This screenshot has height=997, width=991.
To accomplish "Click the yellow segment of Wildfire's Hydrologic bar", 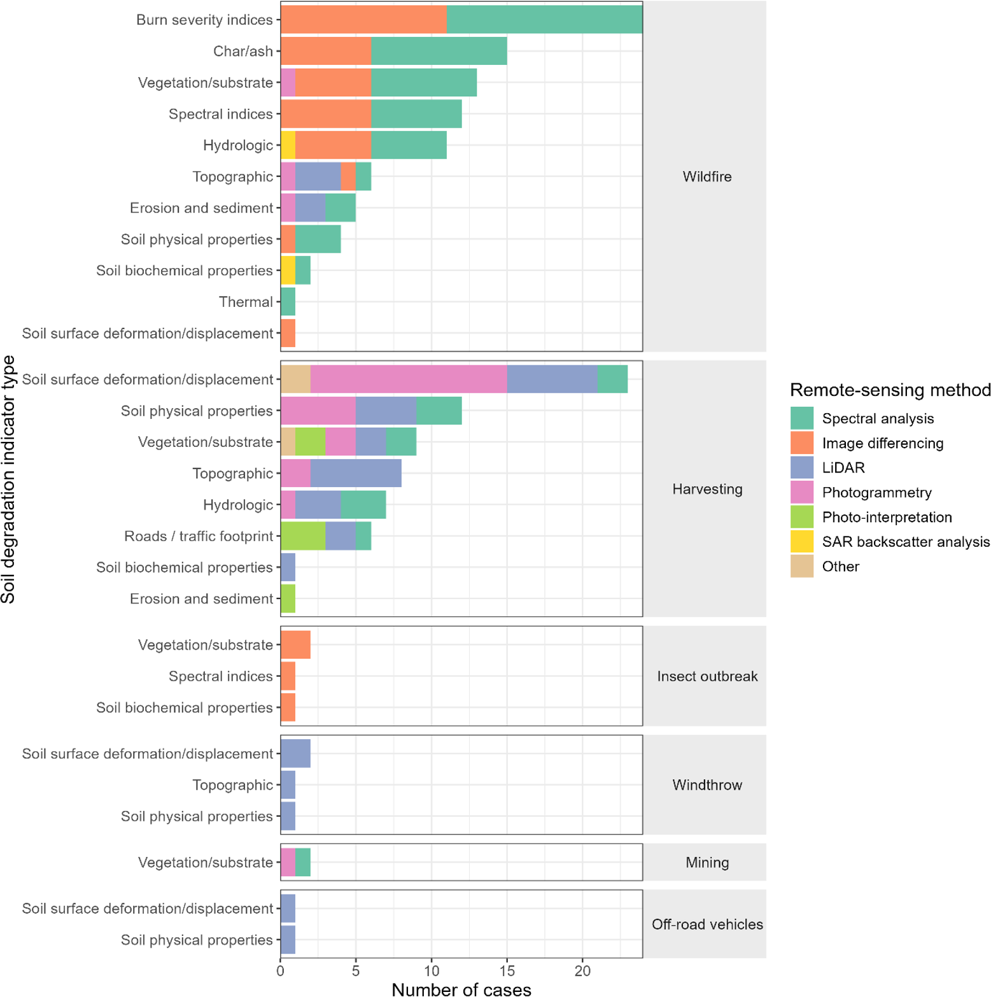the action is coord(288,145).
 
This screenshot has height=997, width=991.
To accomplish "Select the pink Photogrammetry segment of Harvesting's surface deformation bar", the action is coord(409,379).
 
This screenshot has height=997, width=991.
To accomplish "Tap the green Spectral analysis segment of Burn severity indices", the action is coord(544,20).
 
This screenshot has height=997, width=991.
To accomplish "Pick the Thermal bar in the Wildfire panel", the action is coord(288,302).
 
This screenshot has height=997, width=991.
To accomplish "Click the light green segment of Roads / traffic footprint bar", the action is coord(303,536).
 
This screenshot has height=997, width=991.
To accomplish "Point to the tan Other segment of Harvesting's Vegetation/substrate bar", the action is coord(288,442).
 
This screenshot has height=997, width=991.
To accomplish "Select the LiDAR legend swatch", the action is coord(802,467).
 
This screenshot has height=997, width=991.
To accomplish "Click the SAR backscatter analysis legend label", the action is coord(906,542).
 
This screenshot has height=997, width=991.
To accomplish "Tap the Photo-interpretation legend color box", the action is coord(802,517).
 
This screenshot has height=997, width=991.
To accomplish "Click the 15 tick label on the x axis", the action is coord(507,971).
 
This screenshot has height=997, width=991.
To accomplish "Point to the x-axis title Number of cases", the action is coord(461,989).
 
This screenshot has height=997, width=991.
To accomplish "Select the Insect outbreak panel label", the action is coord(707,676).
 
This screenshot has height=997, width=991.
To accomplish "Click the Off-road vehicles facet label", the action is coord(707,924).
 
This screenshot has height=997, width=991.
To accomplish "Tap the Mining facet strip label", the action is coord(707,863).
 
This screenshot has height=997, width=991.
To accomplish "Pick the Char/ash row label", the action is coord(243,51).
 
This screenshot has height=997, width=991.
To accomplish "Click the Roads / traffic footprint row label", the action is coord(199,536).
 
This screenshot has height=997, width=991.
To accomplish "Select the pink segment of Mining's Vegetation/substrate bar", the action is coord(288,863).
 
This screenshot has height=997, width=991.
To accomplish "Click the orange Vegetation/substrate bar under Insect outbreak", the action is coord(295,645).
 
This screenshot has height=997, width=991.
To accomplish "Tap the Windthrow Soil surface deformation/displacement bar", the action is coord(295,754).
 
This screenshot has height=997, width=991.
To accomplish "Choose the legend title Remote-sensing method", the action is coord(890,390).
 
